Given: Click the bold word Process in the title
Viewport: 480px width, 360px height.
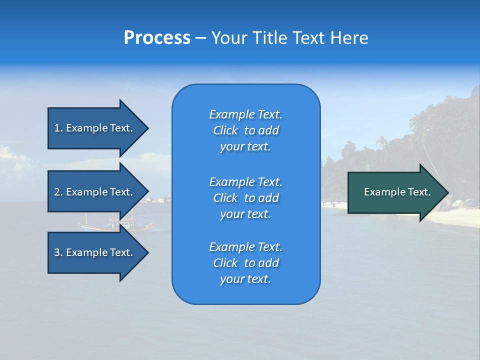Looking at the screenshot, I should coord(157,38).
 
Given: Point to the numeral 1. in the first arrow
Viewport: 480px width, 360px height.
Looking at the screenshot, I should coord(58,128).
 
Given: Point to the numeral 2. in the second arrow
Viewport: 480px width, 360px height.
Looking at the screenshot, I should coord(58,192).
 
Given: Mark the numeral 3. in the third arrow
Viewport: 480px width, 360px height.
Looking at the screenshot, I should coord(58,252).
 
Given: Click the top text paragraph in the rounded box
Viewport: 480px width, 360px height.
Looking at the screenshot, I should coord(245,130).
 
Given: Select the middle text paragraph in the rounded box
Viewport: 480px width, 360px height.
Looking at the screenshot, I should coord(245,198).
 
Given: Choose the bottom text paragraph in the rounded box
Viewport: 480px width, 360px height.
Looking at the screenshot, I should coord(245,263).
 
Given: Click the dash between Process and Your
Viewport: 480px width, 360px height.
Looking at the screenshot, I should coord(201,38).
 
